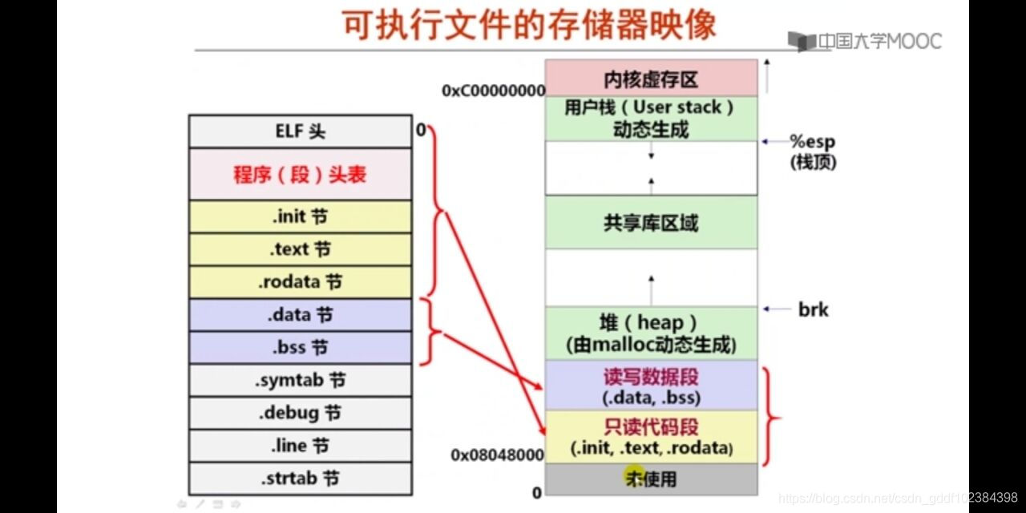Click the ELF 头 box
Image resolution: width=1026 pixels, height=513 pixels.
(301, 131)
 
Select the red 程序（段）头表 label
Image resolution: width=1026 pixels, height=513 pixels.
(301, 175)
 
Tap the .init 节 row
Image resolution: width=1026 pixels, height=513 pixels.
(301, 217)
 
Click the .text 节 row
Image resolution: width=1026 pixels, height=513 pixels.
(301, 250)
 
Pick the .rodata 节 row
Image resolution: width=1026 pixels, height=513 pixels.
(301, 283)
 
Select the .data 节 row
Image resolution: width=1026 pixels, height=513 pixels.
(301, 316)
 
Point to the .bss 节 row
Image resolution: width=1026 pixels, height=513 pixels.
(301, 348)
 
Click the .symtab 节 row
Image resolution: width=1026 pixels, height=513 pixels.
(301, 381)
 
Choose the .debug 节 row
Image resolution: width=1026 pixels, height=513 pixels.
(301, 414)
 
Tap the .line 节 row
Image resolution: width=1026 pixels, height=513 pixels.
(301, 446)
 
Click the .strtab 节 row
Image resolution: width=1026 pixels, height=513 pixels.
(301, 479)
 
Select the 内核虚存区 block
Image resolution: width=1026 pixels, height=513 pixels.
(651, 79)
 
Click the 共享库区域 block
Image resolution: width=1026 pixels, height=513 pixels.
(651, 223)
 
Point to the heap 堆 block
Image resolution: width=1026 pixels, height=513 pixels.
(651, 333)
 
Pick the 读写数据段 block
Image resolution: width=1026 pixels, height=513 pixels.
(651, 386)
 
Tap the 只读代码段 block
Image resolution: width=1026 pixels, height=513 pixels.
(651, 437)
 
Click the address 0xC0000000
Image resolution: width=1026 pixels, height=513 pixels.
(493, 91)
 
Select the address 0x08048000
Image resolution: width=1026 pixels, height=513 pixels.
(497, 455)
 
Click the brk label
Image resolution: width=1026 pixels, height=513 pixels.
(813, 309)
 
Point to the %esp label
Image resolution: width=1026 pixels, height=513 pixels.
(812, 142)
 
